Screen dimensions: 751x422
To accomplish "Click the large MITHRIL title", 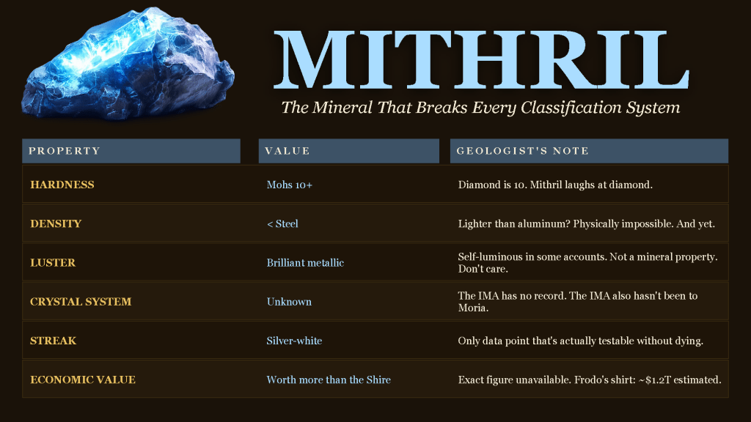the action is point(481,60).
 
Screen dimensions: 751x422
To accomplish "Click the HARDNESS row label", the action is point(62,185).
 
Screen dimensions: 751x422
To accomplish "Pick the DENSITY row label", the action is point(56,223).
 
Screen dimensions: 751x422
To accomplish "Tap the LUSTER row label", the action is point(53,263).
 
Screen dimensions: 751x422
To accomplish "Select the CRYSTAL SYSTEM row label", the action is point(81,301).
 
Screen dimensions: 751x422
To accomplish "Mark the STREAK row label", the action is point(53,341).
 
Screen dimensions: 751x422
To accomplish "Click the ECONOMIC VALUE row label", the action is point(83,380).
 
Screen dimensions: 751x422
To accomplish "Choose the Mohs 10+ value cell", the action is point(289,185).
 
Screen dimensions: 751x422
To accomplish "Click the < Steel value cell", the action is point(282,223).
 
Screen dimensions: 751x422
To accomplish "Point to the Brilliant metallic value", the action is point(305,263).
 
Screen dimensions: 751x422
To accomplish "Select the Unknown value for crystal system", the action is point(289,301).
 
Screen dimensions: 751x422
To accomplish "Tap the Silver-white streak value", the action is point(294,341).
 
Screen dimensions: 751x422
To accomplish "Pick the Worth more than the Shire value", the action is point(329,380).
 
